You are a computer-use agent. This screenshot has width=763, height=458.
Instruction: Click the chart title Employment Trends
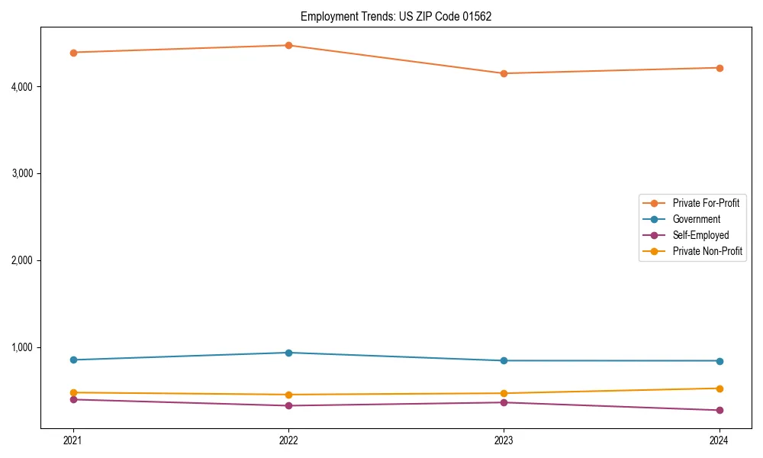[x=396, y=16]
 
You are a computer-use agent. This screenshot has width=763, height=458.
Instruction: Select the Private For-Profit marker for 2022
[x=288, y=45]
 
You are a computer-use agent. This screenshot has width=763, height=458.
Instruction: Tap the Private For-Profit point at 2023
[x=504, y=73]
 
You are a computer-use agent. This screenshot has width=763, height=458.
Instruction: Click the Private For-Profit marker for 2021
[x=73, y=53]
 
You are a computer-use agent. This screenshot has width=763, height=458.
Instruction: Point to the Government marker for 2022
[x=288, y=353]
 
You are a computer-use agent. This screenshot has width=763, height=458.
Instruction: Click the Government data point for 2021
[x=73, y=360]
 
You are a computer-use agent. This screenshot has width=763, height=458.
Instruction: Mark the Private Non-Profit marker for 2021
[x=73, y=392]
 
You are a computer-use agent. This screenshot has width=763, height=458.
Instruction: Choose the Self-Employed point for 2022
[x=288, y=405]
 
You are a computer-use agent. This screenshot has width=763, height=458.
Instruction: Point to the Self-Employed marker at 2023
[x=504, y=402]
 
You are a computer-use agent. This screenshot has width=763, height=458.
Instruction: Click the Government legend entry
[x=696, y=219]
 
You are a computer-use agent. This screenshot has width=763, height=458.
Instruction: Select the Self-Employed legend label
[x=700, y=235]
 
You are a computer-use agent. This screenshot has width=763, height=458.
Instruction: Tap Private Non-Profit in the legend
[x=707, y=251]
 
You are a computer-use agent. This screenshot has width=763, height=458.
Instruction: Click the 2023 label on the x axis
[x=504, y=440]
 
